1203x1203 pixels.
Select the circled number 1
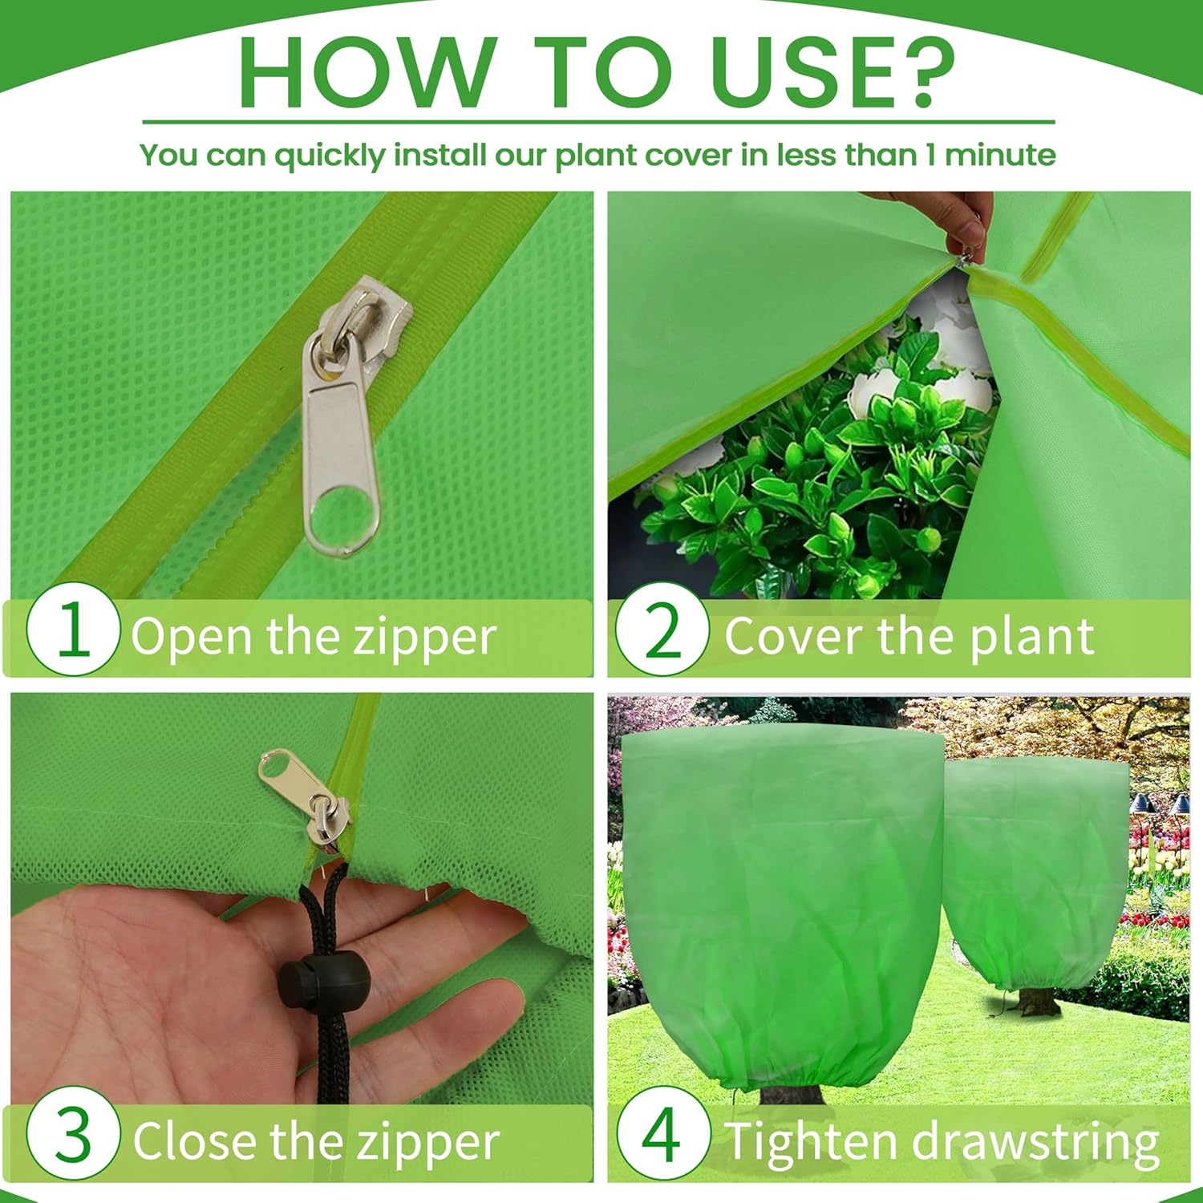pyautogui.click(x=73, y=630)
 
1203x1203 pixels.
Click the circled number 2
pyautogui.click(x=662, y=630)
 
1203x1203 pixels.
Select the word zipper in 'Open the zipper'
pyautogui.click(x=425, y=638)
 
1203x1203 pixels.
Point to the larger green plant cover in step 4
pyautogui.click(x=782, y=906)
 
